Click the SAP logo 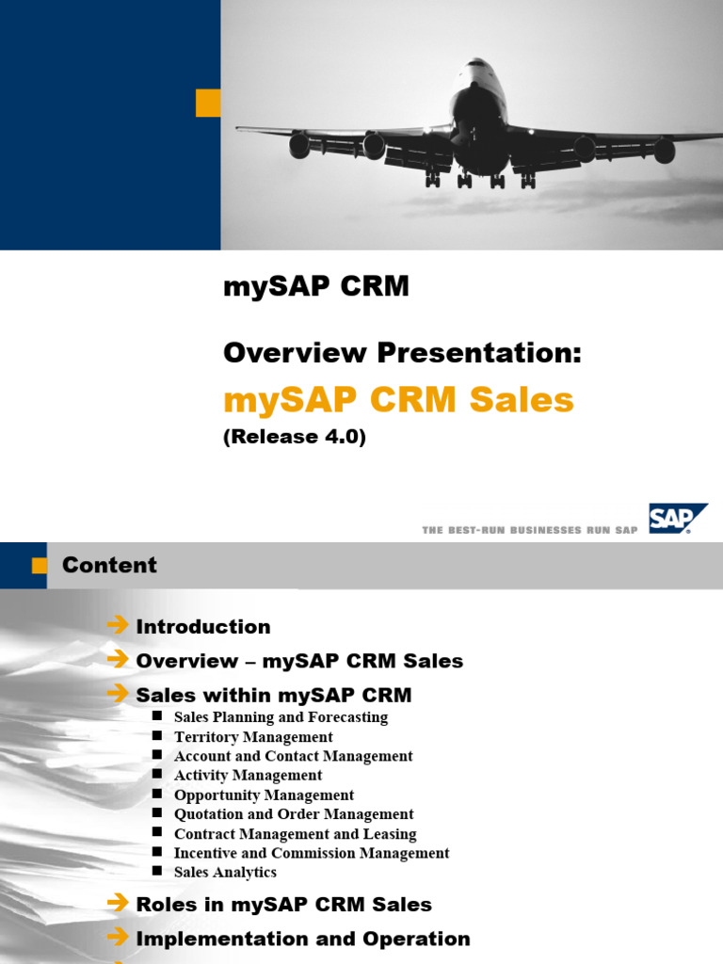coord(676,519)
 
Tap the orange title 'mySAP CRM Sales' coord(398,400)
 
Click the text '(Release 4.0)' coord(294,437)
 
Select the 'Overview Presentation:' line coord(403,353)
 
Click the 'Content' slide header coord(109,565)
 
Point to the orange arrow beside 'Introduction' coord(118,625)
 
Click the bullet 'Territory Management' coord(253,737)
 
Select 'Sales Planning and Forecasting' coord(281,717)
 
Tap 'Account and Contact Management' coord(293,756)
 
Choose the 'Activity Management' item coord(248,776)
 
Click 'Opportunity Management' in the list coord(264,795)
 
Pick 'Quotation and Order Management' coord(294,814)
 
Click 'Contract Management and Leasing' coord(295,834)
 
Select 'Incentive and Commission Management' coord(312,853)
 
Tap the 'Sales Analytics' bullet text coord(225,873)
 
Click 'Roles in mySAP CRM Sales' coord(283,905)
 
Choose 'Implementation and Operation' coord(303,939)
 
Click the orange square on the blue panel coord(207,103)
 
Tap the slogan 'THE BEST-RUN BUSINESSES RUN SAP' coord(530,530)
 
